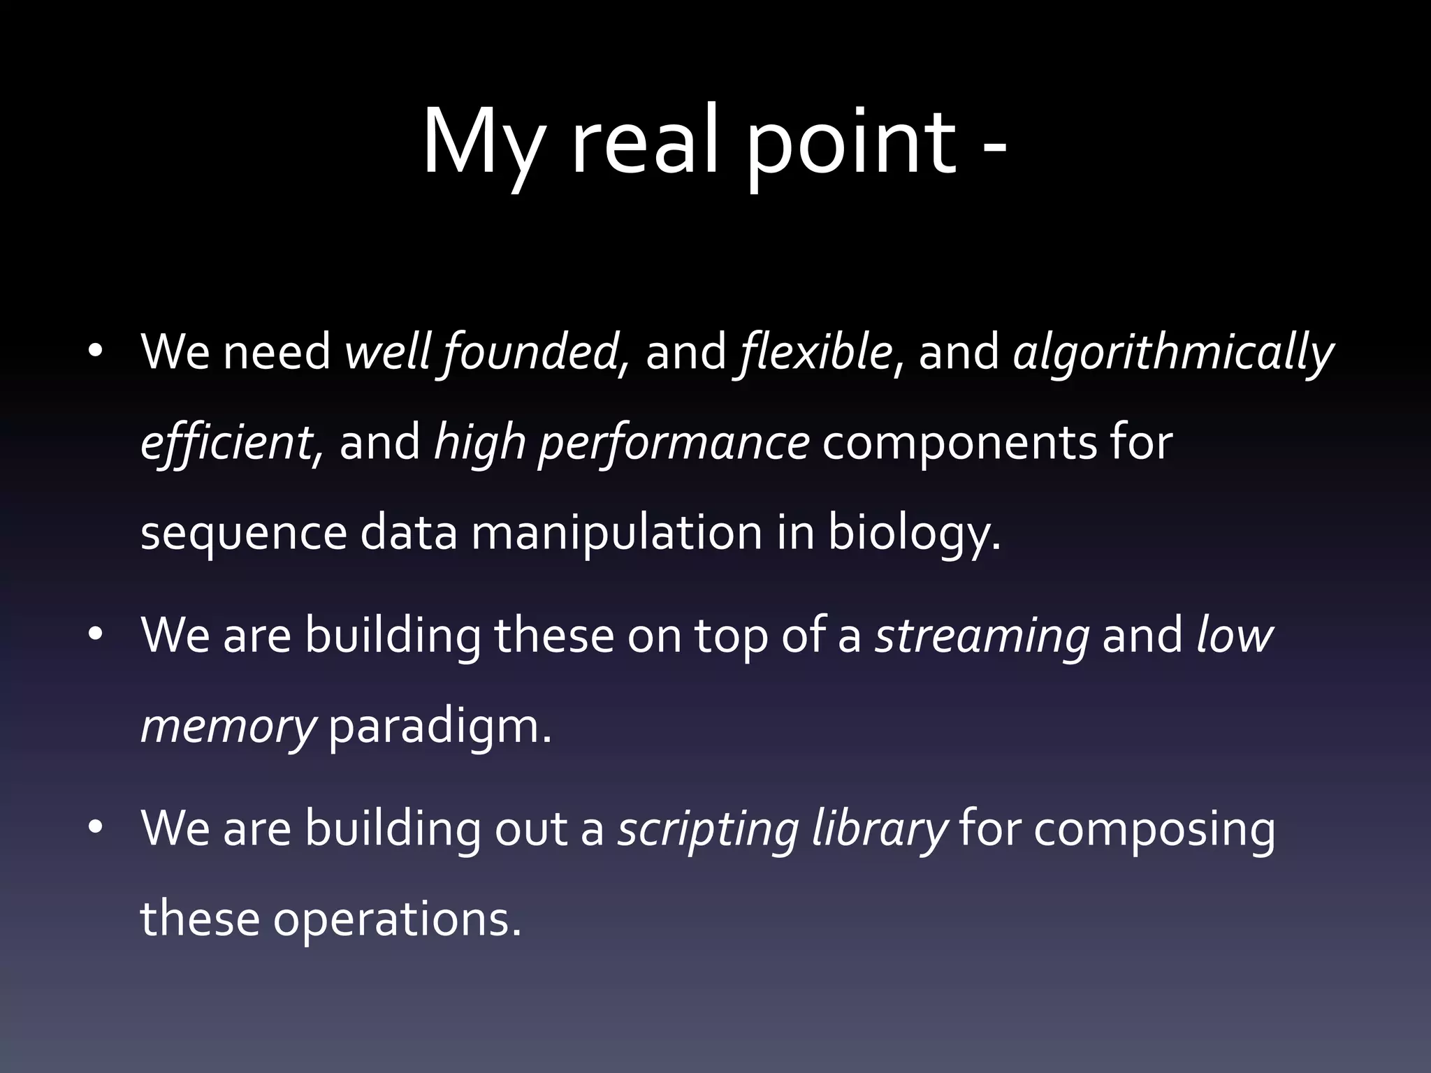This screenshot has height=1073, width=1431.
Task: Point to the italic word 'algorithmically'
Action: coord(1173,353)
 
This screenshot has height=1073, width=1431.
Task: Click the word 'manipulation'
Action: coord(617,533)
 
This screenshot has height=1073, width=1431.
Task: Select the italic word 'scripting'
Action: coord(708,831)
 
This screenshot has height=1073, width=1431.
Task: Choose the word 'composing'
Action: coord(1154,831)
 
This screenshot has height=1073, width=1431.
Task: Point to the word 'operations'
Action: coord(397,920)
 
